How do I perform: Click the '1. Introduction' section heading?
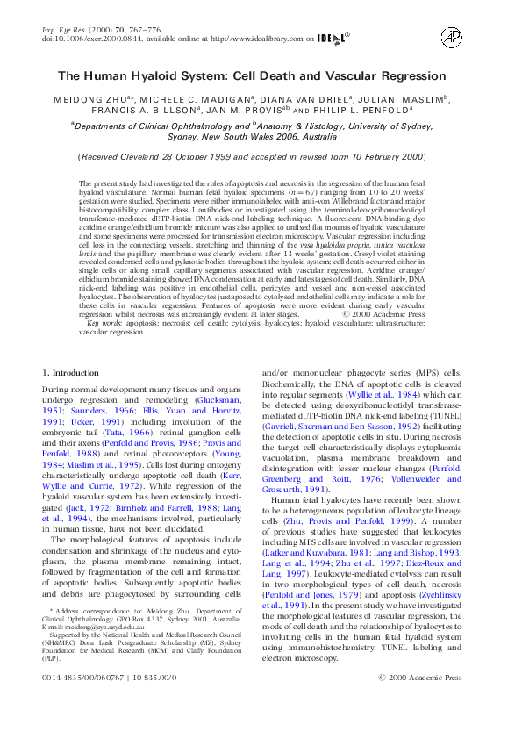(x=71, y=373)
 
